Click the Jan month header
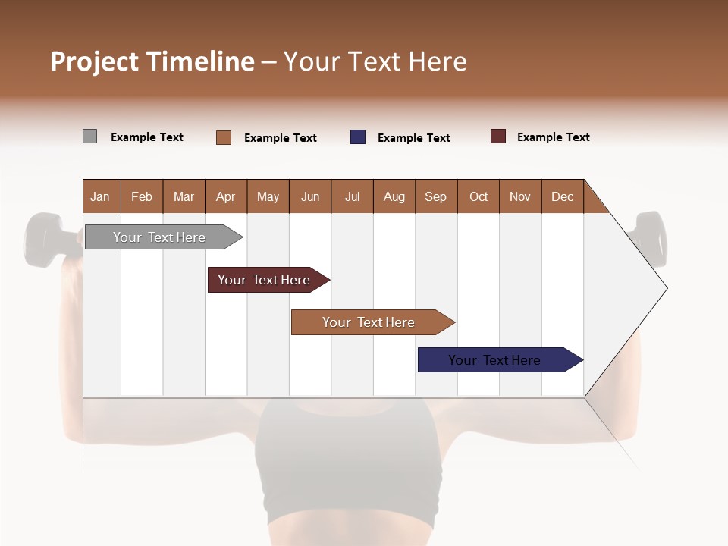(100, 196)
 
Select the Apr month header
(225, 196)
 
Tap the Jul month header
(352, 196)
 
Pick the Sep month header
(435, 196)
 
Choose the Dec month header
(562, 196)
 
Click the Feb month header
(142, 196)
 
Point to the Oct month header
(479, 196)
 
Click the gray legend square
(90, 136)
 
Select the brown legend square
(224, 137)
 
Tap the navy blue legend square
(358, 137)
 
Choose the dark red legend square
(498, 136)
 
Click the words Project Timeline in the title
(152, 61)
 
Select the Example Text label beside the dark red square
(553, 137)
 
